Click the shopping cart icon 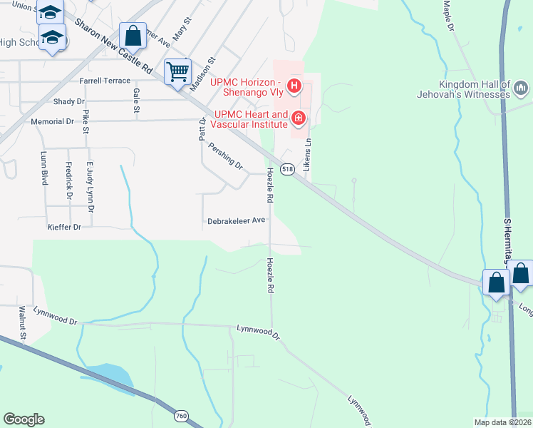pyautogui.click(x=177, y=71)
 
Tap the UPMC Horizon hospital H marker pyautogui.click(x=294, y=88)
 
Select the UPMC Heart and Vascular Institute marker pyautogui.click(x=299, y=118)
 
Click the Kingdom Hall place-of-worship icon pyautogui.click(x=521, y=89)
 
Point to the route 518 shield pyautogui.click(x=287, y=169)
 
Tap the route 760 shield pyautogui.click(x=181, y=415)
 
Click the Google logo pyautogui.click(x=24, y=419)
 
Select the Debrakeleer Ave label pyautogui.click(x=236, y=221)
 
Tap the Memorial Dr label pyautogui.click(x=52, y=122)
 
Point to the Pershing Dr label pyautogui.click(x=225, y=156)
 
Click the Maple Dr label pyautogui.click(x=448, y=16)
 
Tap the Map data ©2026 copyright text pyautogui.click(x=502, y=422)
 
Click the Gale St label pyautogui.click(x=135, y=101)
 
